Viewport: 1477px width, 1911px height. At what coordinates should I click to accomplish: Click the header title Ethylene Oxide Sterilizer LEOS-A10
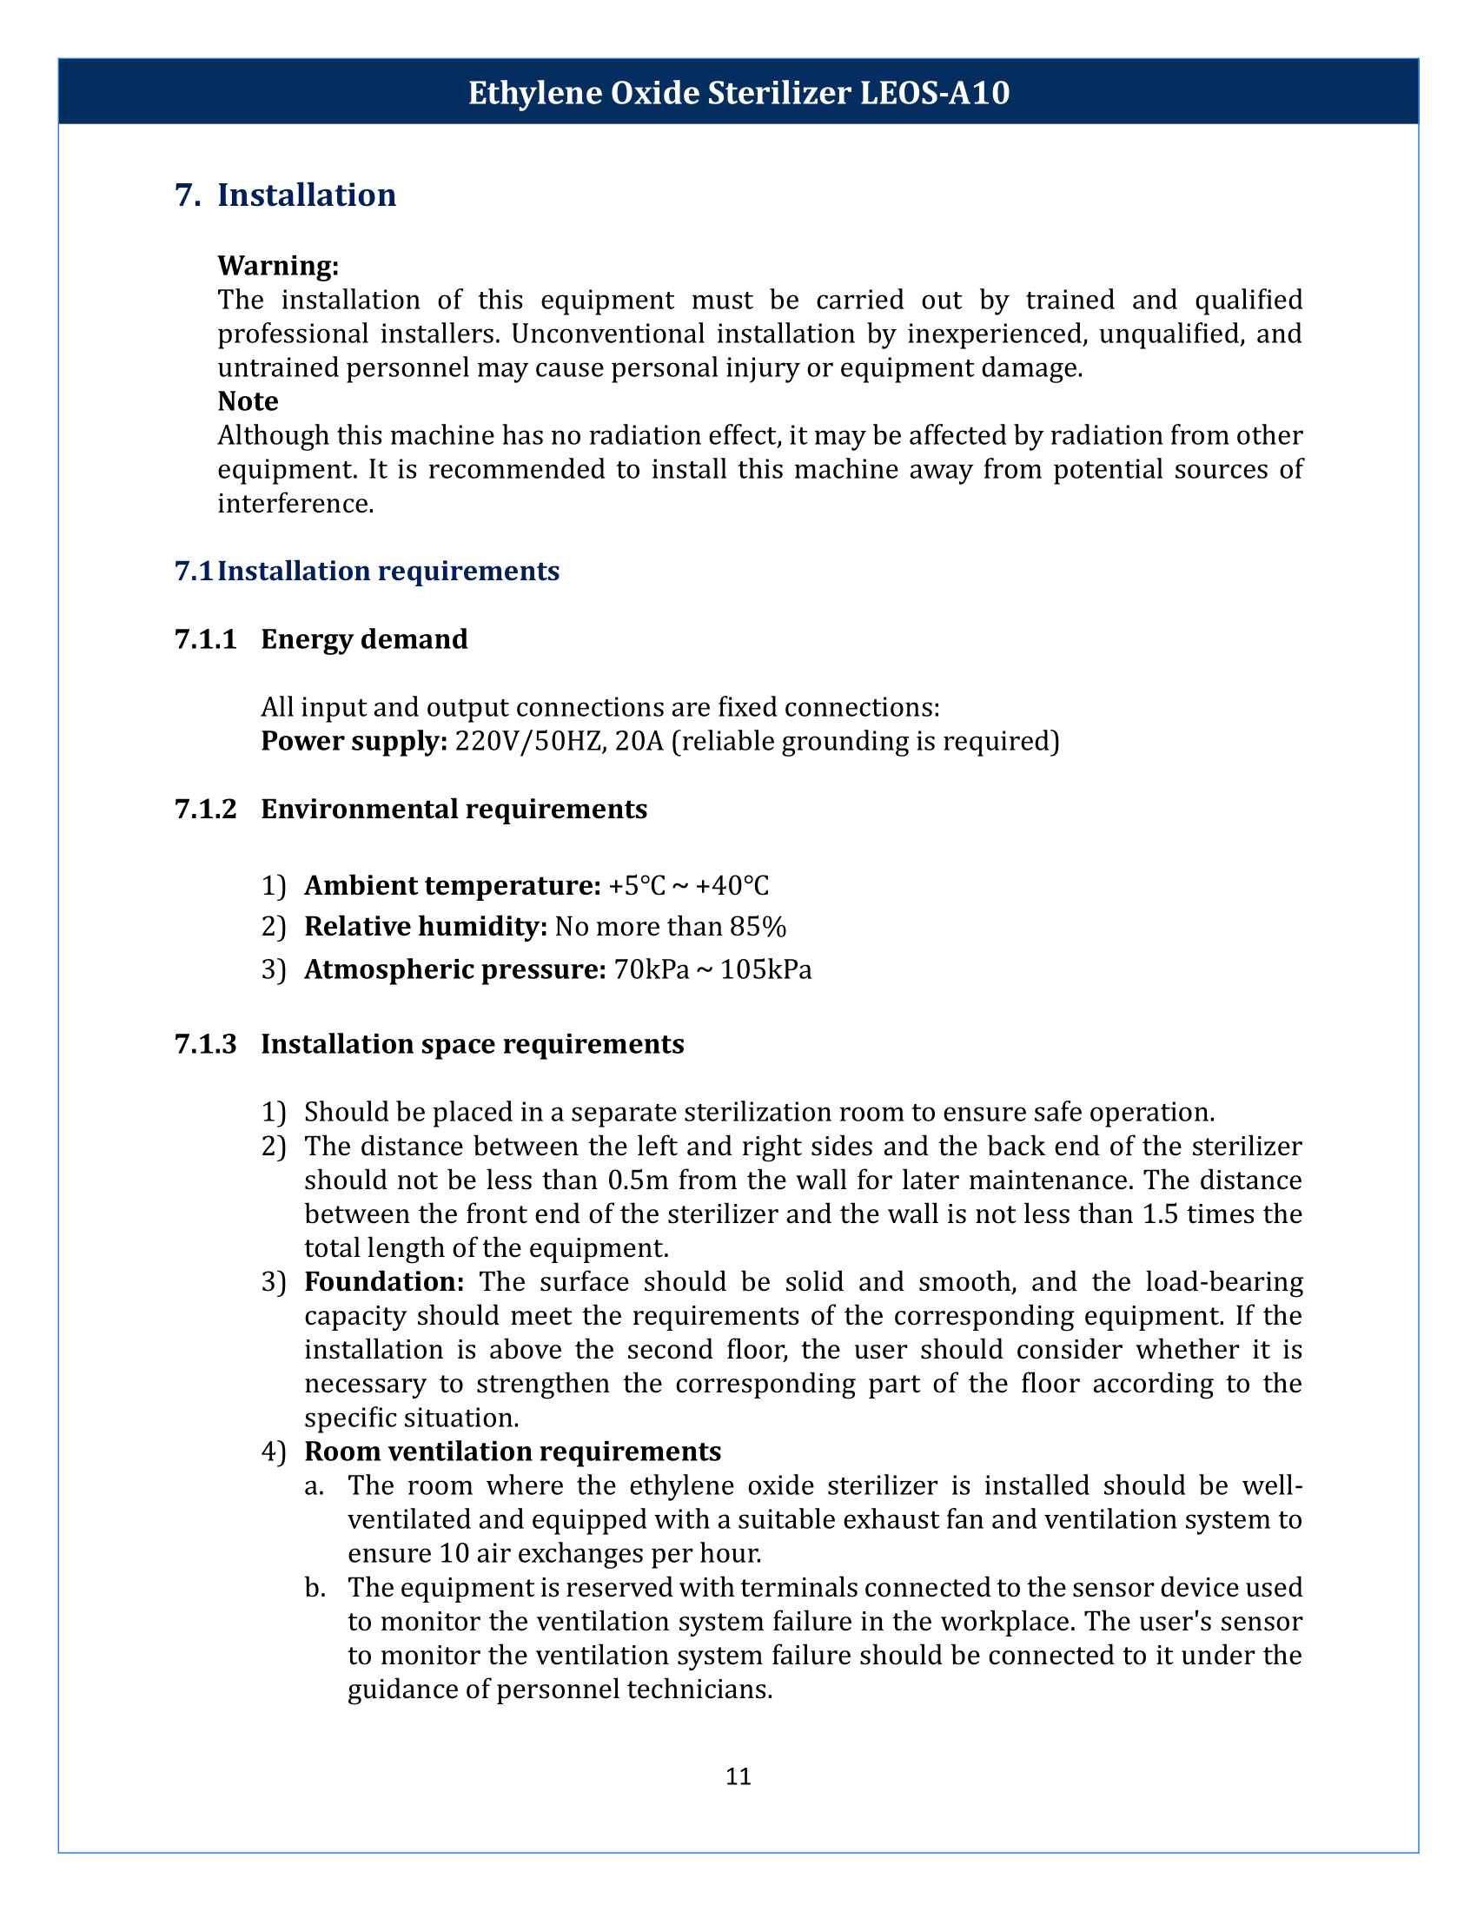(x=738, y=93)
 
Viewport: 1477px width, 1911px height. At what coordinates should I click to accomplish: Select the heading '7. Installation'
(x=285, y=195)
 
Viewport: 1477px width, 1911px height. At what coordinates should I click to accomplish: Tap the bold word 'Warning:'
(x=277, y=265)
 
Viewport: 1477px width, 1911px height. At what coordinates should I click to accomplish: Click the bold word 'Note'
(x=248, y=400)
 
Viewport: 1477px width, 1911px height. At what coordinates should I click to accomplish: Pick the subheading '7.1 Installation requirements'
(x=367, y=572)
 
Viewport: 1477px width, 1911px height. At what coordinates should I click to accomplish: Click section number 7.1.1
(x=206, y=639)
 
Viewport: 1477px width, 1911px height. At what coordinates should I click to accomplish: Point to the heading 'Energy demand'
(x=364, y=639)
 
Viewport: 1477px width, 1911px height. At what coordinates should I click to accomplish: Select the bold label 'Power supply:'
(x=354, y=741)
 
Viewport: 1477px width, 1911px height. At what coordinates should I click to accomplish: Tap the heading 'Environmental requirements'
(x=454, y=809)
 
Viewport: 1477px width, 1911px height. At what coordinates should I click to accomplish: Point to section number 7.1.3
(x=206, y=1044)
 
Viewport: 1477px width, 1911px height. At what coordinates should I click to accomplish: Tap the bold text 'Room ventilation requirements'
(x=512, y=1451)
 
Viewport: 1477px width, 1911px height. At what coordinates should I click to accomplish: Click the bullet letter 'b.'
(x=315, y=1587)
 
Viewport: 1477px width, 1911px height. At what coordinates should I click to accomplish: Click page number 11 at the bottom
(x=738, y=1776)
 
